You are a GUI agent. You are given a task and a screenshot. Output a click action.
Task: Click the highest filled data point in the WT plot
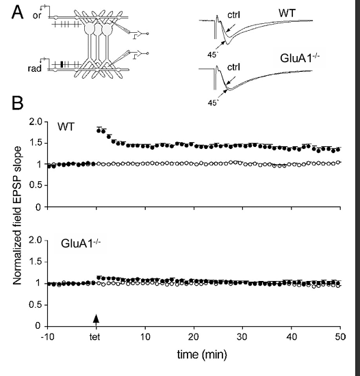99,129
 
